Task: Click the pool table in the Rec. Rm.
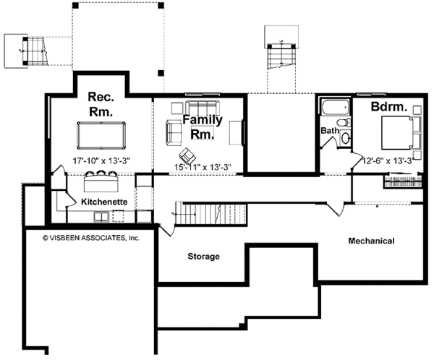click(101, 136)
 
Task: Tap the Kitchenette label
click(104, 202)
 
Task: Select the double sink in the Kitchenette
click(101, 216)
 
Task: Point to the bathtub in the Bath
click(335, 108)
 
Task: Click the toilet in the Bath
click(344, 123)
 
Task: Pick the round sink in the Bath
click(345, 138)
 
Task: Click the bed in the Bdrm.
click(401, 133)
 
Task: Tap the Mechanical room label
click(371, 241)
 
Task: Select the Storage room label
click(203, 256)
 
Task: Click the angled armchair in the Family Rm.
click(187, 156)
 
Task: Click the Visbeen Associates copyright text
click(91, 238)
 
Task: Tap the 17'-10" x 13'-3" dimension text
click(101, 160)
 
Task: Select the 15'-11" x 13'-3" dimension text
click(203, 167)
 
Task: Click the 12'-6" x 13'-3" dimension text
click(388, 160)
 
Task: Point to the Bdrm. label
click(389, 107)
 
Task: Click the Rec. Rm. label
click(101, 104)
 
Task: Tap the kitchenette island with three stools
click(101, 181)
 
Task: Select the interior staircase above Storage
click(210, 214)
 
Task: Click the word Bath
click(330, 130)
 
